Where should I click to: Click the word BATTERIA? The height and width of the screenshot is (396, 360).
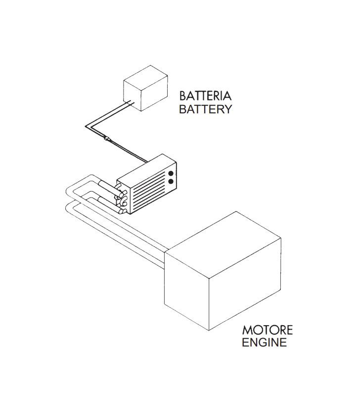tap(205, 96)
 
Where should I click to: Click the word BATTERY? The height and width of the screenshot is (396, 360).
tap(205, 109)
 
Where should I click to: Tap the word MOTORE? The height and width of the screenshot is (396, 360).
tap(267, 330)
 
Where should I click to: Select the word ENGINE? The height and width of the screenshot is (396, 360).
tap(264, 342)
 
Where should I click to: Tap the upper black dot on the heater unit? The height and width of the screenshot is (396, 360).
tap(171, 174)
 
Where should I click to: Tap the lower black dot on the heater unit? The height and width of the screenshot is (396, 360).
tap(171, 182)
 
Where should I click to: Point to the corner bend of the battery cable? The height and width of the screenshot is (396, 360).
tap(86, 126)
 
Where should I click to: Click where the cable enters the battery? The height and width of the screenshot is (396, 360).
tap(130, 103)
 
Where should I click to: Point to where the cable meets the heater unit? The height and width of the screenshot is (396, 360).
tap(147, 161)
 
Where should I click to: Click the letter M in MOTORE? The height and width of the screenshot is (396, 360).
tap(247, 330)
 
